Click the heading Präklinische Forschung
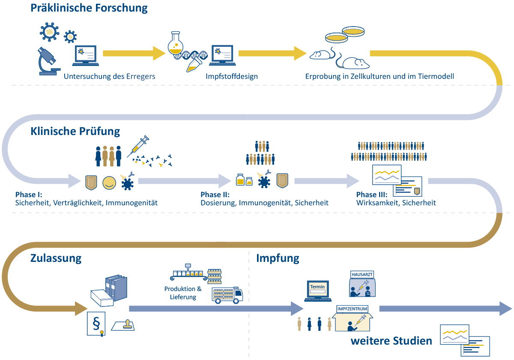click(89, 8)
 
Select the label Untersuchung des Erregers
click(110, 77)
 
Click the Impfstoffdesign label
click(231, 77)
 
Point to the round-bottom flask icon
click(176, 45)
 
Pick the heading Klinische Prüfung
click(75, 131)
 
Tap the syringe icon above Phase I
click(138, 145)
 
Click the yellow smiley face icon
click(109, 182)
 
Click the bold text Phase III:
click(372, 195)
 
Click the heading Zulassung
click(56, 258)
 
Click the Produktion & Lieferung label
click(183, 293)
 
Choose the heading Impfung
click(278, 258)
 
